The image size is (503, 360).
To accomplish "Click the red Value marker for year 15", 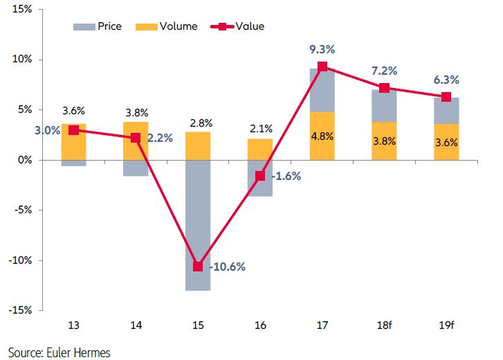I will (x=198, y=267).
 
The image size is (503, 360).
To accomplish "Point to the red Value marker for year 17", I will (x=322, y=66).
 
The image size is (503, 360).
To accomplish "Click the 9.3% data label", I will (x=322, y=50).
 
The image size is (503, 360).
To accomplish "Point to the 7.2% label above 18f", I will (x=385, y=71).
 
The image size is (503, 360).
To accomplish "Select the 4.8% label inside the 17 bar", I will (x=322, y=136).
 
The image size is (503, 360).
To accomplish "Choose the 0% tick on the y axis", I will (x=24, y=160).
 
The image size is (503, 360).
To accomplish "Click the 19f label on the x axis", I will (x=446, y=325).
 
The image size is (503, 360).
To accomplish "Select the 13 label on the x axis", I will (x=73, y=325).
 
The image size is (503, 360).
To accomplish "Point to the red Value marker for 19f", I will (x=446, y=97).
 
